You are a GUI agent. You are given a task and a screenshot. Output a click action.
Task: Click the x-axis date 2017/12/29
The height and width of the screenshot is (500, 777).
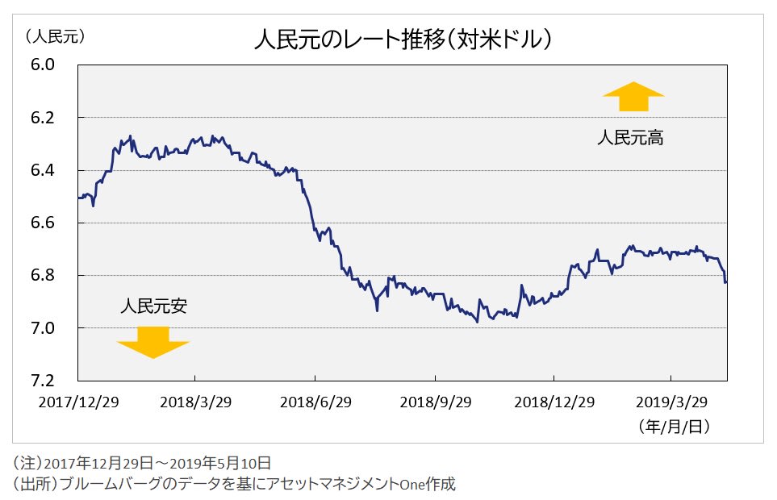[79, 402]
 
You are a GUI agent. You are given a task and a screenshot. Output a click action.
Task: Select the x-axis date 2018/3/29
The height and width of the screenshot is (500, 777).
[194, 402]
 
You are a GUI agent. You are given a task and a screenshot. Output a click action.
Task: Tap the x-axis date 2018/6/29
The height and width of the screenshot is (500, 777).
[315, 402]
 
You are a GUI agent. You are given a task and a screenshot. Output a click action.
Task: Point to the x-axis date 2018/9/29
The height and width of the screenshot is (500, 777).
[435, 402]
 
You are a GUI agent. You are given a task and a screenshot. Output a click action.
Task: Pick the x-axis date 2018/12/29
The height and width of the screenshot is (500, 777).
[554, 402]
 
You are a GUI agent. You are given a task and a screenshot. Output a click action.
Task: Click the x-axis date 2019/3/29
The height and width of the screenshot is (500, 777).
[672, 402]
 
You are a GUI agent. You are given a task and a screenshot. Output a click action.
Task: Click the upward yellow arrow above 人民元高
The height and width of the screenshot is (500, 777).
[633, 97]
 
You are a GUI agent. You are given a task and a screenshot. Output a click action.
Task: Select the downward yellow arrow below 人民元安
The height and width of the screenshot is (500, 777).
[152, 342]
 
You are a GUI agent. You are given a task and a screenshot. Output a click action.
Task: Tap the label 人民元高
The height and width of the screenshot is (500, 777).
[630, 138]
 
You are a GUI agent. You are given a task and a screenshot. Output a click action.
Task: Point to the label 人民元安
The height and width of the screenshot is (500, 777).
[153, 306]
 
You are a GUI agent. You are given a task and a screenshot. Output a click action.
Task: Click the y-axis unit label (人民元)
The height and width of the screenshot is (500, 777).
[55, 36]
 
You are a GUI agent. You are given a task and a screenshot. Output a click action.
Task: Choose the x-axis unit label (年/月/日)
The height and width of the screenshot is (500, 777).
[674, 425]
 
